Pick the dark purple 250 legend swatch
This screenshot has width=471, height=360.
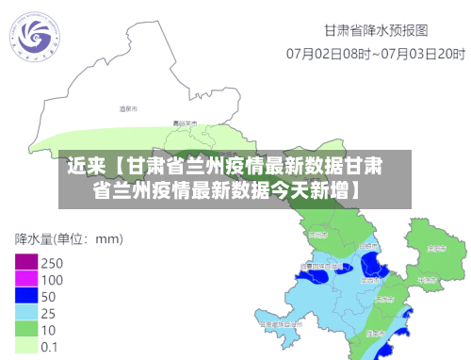click(25, 262)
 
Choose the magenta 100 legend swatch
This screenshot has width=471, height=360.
click(25, 279)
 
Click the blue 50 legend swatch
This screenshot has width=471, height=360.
click(25, 296)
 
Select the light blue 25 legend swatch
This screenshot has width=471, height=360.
click(25, 312)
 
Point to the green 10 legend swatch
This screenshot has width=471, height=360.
click(25, 329)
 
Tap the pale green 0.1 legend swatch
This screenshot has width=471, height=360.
click(25, 346)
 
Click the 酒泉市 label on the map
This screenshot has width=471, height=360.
click(128, 109)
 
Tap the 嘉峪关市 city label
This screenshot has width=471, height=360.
click(186, 123)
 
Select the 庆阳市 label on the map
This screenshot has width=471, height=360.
click(435, 249)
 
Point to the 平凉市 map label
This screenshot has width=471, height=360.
click(427, 279)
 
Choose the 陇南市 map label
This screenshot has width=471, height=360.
click(375, 333)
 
